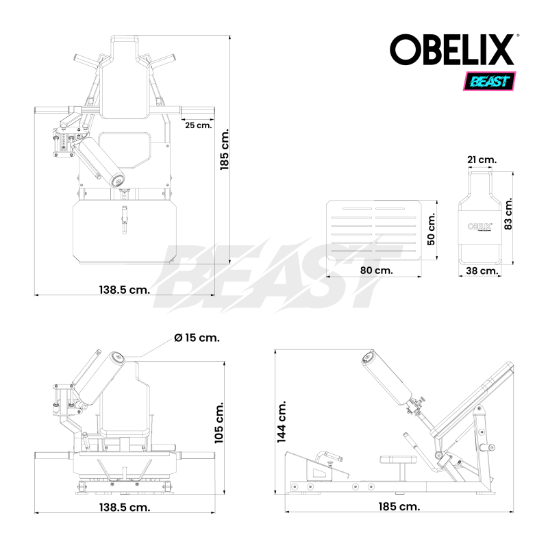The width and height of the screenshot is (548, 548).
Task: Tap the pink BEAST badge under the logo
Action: (x=490, y=82)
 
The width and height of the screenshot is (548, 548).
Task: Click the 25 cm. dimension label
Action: (x=197, y=125)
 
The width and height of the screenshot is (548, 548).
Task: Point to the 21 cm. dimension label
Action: (x=481, y=160)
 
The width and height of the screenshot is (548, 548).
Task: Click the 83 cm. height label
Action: (x=508, y=215)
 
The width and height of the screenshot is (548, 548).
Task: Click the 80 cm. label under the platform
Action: (x=376, y=271)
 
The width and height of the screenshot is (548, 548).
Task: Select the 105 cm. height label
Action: (x=219, y=423)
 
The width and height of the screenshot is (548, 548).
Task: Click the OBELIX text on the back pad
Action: (x=480, y=225)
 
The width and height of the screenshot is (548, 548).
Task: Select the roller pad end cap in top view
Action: (x=119, y=181)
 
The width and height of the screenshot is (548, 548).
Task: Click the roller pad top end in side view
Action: (x=369, y=356)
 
